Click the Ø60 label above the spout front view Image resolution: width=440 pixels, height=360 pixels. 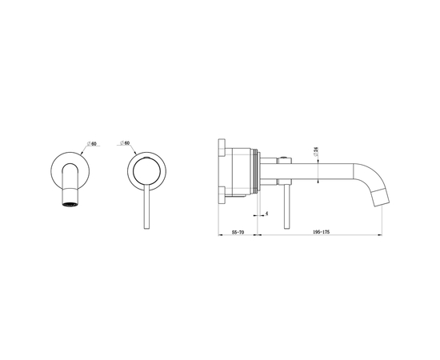tap(93, 143)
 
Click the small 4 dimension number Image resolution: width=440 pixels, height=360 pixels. tap(266, 214)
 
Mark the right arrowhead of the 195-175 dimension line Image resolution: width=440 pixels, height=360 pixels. tap(380, 234)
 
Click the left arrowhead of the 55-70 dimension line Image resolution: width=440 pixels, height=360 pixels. tap(219, 234)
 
